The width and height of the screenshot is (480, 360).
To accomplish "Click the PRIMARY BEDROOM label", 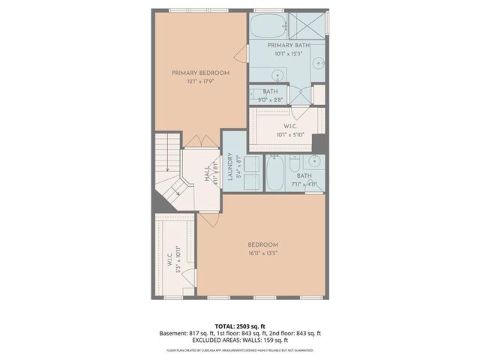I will tap(200, 73).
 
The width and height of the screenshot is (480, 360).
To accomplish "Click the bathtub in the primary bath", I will tap(267, 26).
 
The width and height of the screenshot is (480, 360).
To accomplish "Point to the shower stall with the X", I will tap(309, 25).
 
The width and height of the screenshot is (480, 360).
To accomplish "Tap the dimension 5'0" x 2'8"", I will tap(270, 99).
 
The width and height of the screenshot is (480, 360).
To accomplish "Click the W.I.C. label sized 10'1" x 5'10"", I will tap(289, 127).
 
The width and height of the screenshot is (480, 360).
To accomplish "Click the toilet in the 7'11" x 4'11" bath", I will tap(295, 164).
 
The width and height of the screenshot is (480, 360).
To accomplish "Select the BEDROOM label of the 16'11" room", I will tap(263, 244).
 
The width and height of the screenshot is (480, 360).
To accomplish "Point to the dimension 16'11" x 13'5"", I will tap(263, 253).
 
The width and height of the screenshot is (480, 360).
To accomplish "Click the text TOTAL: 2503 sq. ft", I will tap(240, 326).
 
